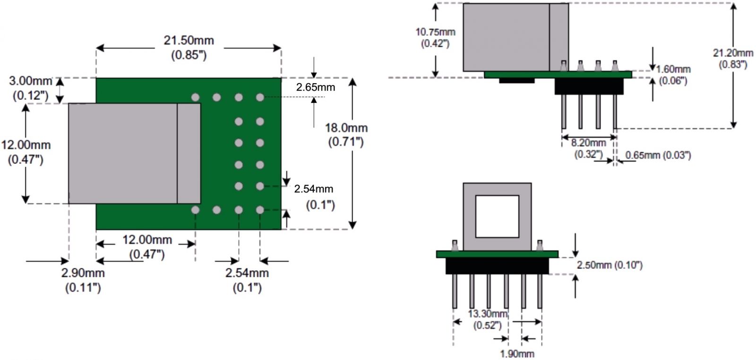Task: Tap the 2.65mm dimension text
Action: click(x=315, y=87)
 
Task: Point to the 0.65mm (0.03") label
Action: click(x=658, y=155)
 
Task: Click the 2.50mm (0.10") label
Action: click(x=610, y=265)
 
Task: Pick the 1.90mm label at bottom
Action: click(x=517, y=354)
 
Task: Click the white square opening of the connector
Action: click(x=497, y=216)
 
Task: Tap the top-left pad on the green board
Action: click(x=195, y=97)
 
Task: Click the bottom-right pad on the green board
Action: click(x=260, y=209)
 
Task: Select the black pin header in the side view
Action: click(x=589, y=86)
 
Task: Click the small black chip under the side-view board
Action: click(x=516, y=80)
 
